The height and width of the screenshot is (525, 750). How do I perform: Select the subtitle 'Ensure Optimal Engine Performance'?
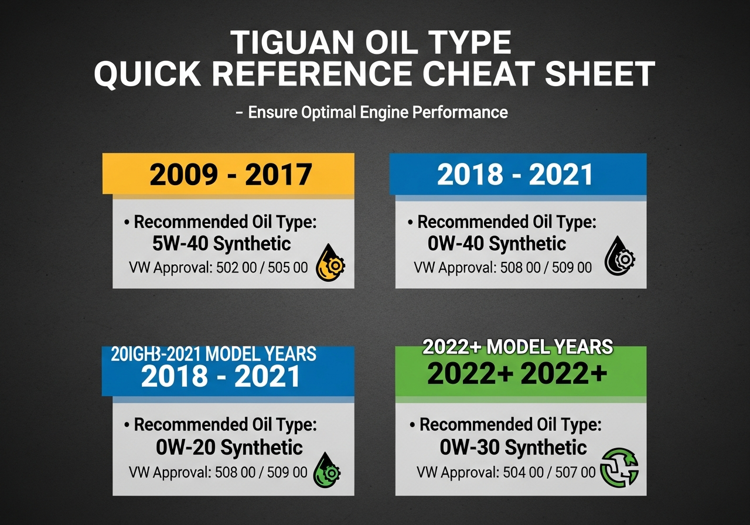(377, 112)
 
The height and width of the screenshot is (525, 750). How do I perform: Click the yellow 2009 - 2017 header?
(229, 174)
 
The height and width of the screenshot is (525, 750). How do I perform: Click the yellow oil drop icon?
(330, 262)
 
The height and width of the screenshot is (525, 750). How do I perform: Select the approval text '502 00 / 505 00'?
(261, 268)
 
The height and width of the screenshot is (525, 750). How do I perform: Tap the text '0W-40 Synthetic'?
(497, 243)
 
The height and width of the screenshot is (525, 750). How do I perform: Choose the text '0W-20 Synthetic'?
(229, 448)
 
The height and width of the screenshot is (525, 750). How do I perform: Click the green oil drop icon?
(327, 470)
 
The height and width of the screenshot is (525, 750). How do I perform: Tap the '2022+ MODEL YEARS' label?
(517, 347)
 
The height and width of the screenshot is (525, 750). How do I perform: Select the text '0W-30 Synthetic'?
(513, 448)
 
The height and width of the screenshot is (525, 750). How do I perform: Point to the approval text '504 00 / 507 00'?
(549, 472)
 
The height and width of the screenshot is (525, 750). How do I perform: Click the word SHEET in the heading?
(600, 74)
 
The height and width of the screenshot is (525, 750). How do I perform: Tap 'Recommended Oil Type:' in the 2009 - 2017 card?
(226, 222)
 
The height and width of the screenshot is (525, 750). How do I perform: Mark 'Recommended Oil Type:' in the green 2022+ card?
(510, 424)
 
